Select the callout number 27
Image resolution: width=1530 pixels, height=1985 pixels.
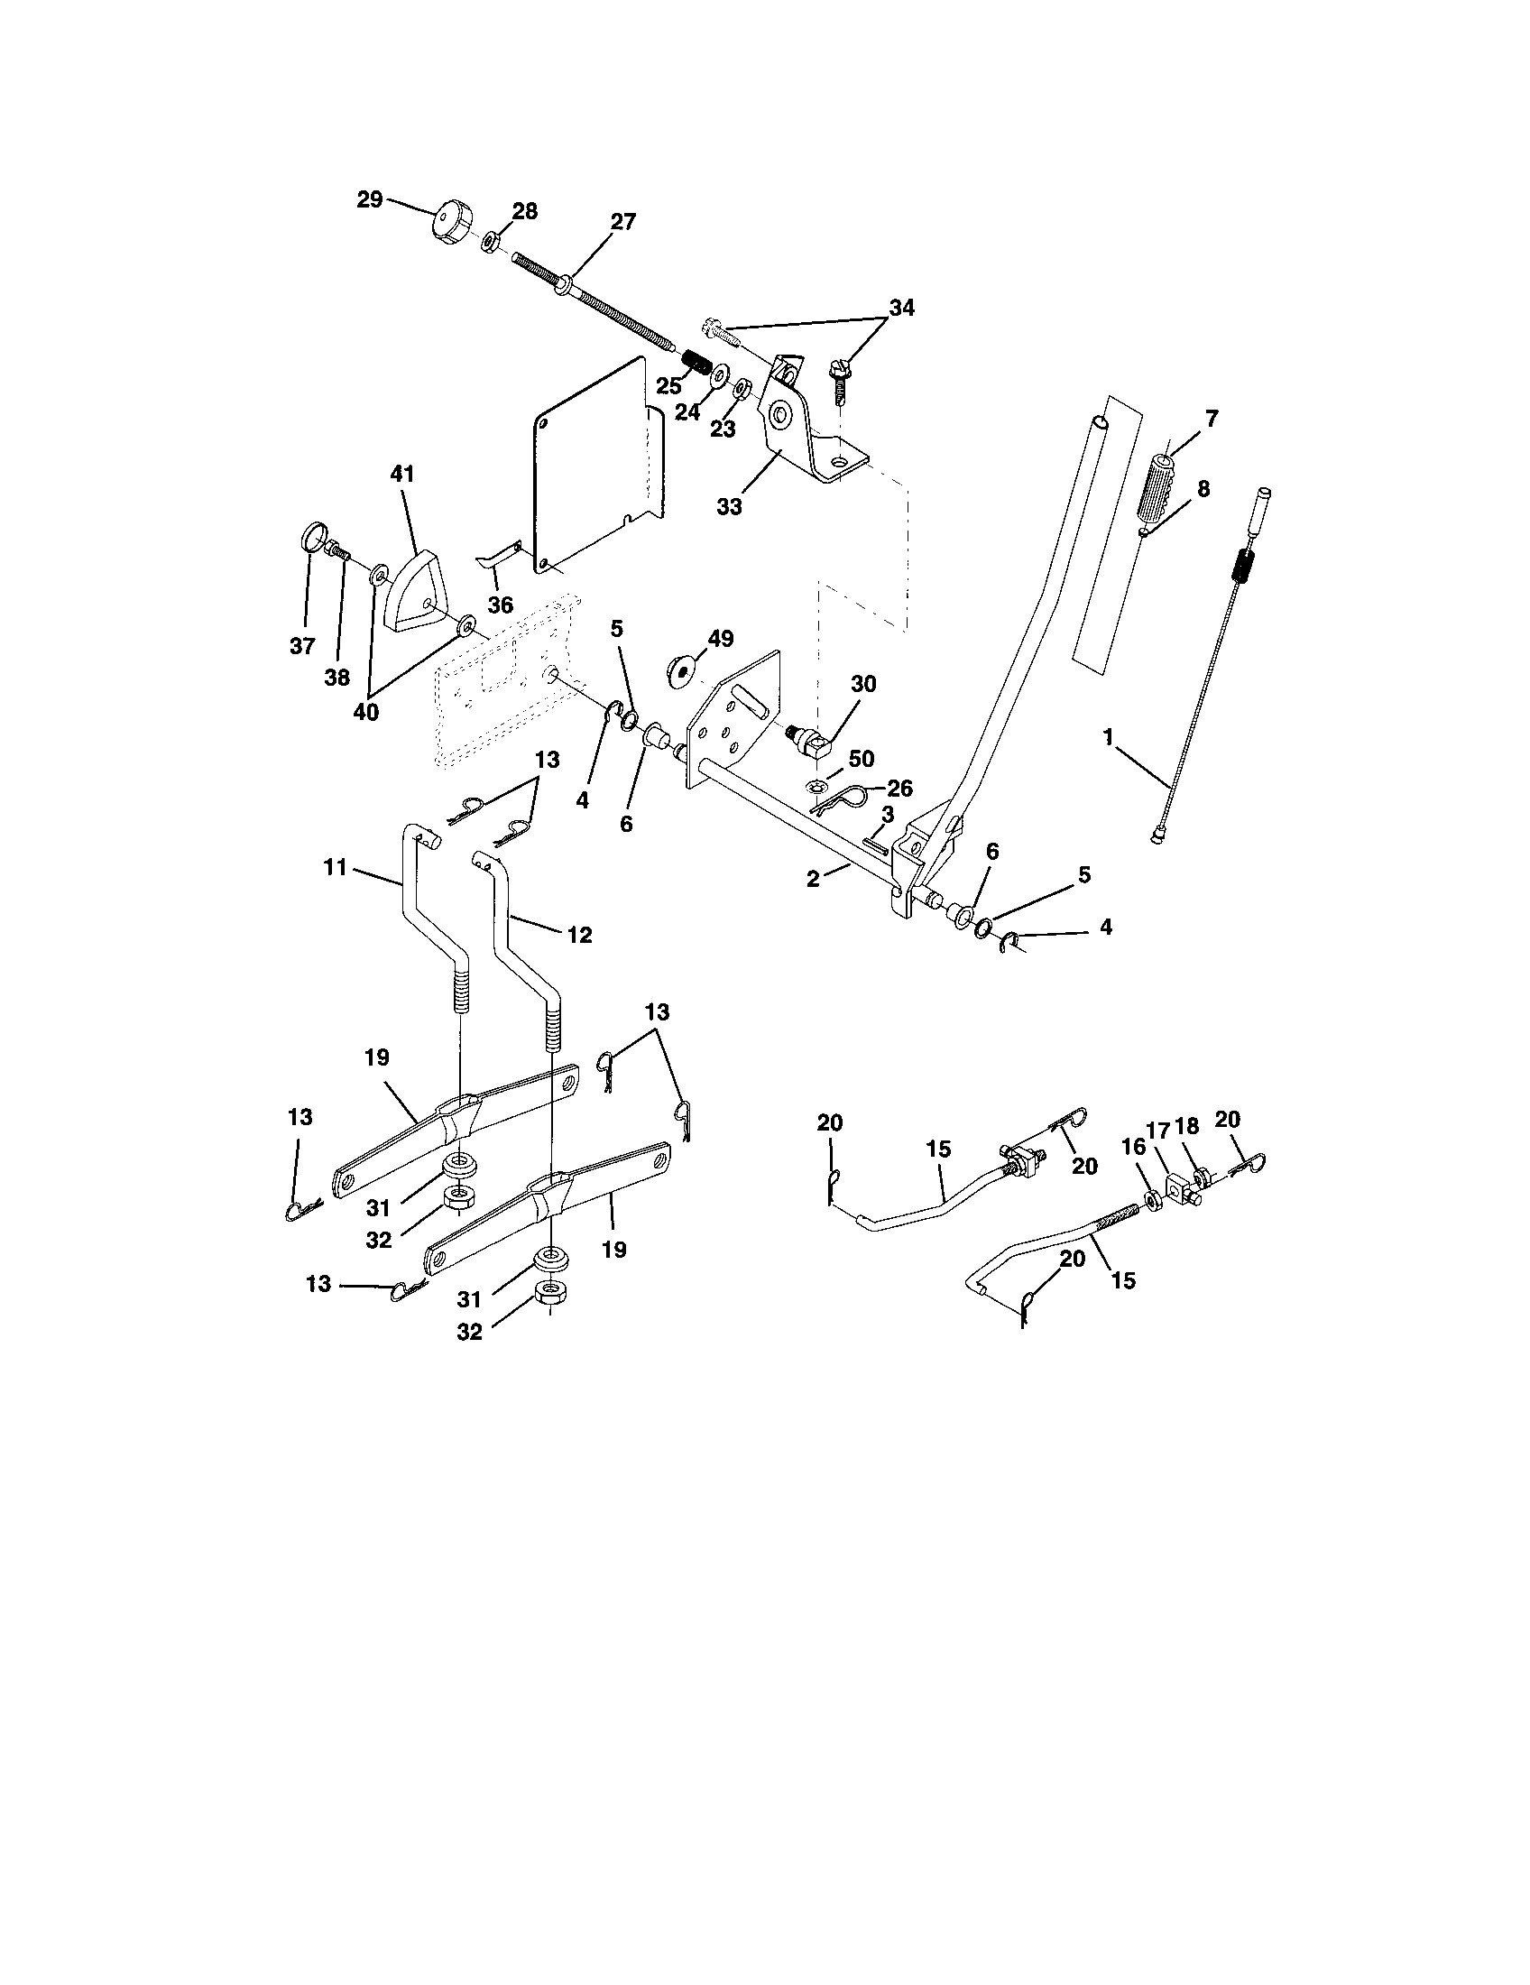tap(623, 221)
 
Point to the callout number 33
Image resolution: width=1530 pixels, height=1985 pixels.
tap(729, 507)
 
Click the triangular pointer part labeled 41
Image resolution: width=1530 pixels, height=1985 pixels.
tap(412, 593)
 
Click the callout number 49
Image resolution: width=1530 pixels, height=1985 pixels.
tap(721, 638)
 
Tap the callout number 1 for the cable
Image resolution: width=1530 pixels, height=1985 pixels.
tap(1108, 737)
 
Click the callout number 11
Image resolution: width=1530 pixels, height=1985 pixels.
tap(336, 868)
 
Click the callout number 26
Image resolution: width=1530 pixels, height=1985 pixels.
tap(899, 788)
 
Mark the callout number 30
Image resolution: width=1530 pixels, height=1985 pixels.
tap(862, 684)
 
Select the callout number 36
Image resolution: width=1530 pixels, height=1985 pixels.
tap(501, 605)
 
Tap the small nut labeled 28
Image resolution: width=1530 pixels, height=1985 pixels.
tap(488, 241)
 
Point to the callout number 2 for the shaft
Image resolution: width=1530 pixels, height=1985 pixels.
tap(813, 879)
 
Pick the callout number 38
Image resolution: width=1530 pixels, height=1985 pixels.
tap(337, 677)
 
